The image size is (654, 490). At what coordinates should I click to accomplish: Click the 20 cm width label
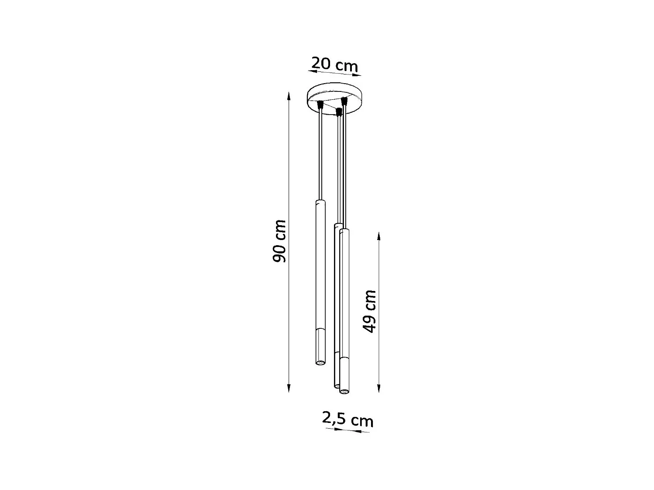334,64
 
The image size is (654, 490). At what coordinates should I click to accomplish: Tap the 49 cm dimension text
370,311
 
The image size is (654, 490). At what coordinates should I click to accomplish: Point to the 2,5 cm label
347,419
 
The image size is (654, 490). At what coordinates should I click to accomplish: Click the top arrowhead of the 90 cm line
289,95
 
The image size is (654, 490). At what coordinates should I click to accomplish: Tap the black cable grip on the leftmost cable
321,105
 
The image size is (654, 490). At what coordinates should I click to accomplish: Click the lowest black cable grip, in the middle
338,112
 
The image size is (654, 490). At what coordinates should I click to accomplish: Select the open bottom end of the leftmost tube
320,362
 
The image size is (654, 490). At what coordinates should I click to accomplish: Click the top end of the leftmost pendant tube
320,201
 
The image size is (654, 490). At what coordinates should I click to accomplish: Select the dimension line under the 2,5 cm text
347,430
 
